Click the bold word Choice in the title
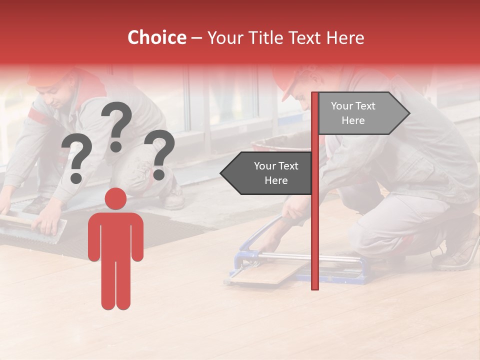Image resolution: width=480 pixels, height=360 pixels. (156, 37)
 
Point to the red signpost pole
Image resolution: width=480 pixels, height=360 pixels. (315, 225)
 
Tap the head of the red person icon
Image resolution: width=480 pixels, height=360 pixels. (116, 198)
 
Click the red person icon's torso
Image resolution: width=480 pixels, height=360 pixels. (116, 235)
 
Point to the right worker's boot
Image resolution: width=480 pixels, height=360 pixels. (460, 250)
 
